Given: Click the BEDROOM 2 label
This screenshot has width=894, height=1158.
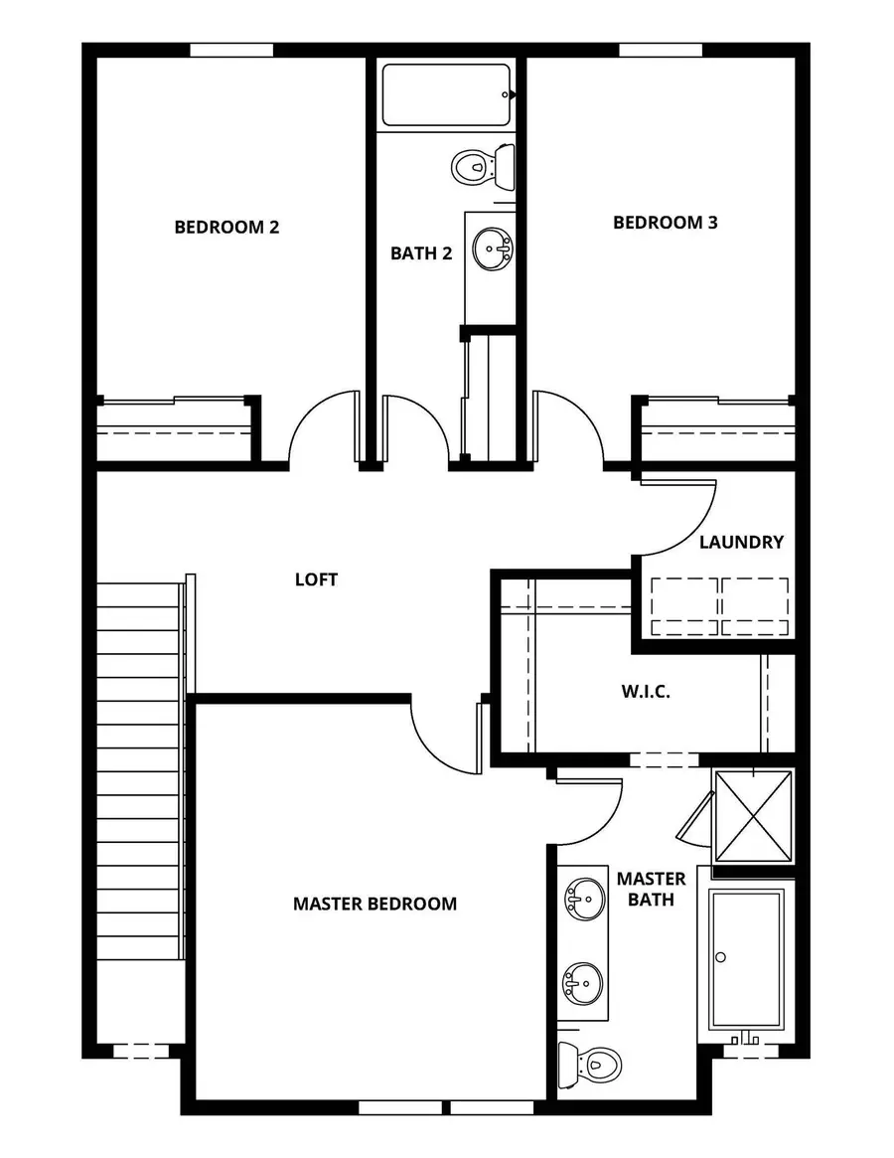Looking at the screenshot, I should coord(226,227).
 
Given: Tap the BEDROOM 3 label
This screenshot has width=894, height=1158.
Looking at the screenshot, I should coord(665,223).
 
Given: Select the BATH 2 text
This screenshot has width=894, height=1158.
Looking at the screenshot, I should coord(421,253).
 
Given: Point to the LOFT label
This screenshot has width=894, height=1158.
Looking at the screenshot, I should coord(316,579).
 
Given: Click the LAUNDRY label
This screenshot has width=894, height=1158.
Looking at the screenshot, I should coord(741,542).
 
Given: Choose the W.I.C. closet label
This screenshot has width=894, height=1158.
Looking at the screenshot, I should coord(645,692).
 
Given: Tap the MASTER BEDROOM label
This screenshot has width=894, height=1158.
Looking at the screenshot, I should coord(374,904).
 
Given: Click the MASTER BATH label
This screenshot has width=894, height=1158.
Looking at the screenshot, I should coord(651,889).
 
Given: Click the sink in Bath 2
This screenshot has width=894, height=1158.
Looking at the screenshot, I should coord(491,248).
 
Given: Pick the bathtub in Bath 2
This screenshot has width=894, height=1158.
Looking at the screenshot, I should coord(447,95).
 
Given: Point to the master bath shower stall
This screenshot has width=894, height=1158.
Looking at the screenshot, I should coord(754,815).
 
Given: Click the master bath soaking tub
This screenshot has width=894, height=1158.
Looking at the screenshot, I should coord(746,959).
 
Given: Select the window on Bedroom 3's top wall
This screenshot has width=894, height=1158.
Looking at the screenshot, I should coord(661,50).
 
